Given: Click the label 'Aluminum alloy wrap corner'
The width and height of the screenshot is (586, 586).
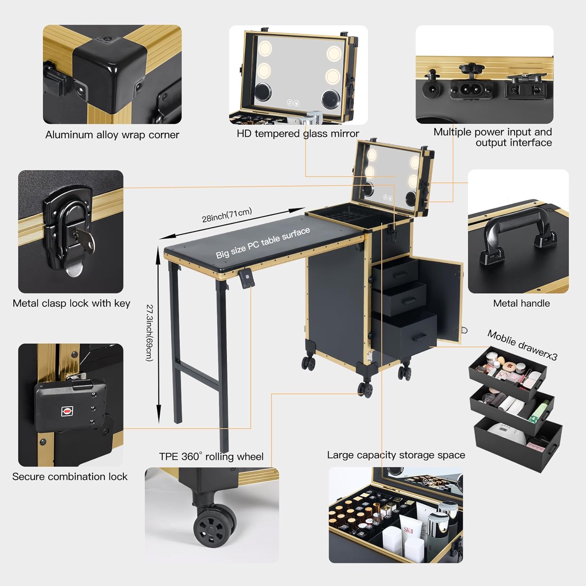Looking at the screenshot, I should (112, 135).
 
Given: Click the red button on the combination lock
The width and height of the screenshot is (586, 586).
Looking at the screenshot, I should (67, 411).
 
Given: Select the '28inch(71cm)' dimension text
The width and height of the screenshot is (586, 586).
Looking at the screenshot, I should (227, 215).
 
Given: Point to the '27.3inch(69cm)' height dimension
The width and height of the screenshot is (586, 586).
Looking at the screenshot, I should (149, 332).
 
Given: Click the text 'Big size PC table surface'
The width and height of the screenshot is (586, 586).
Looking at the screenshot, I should (263, 243).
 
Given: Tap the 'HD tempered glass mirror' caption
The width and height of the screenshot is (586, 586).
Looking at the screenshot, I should (298, 134).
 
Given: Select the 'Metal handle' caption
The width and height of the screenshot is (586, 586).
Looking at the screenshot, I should (521, 303).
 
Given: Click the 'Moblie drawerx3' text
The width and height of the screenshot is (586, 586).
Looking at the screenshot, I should (522, 345).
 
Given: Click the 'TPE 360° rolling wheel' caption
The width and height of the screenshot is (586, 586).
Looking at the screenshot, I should (211, 456).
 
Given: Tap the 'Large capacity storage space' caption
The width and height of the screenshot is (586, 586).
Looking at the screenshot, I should (396, 455).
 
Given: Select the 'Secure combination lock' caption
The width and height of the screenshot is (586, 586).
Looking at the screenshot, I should (70, 477).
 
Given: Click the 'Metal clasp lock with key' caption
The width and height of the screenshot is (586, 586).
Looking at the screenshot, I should (71, 304).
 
